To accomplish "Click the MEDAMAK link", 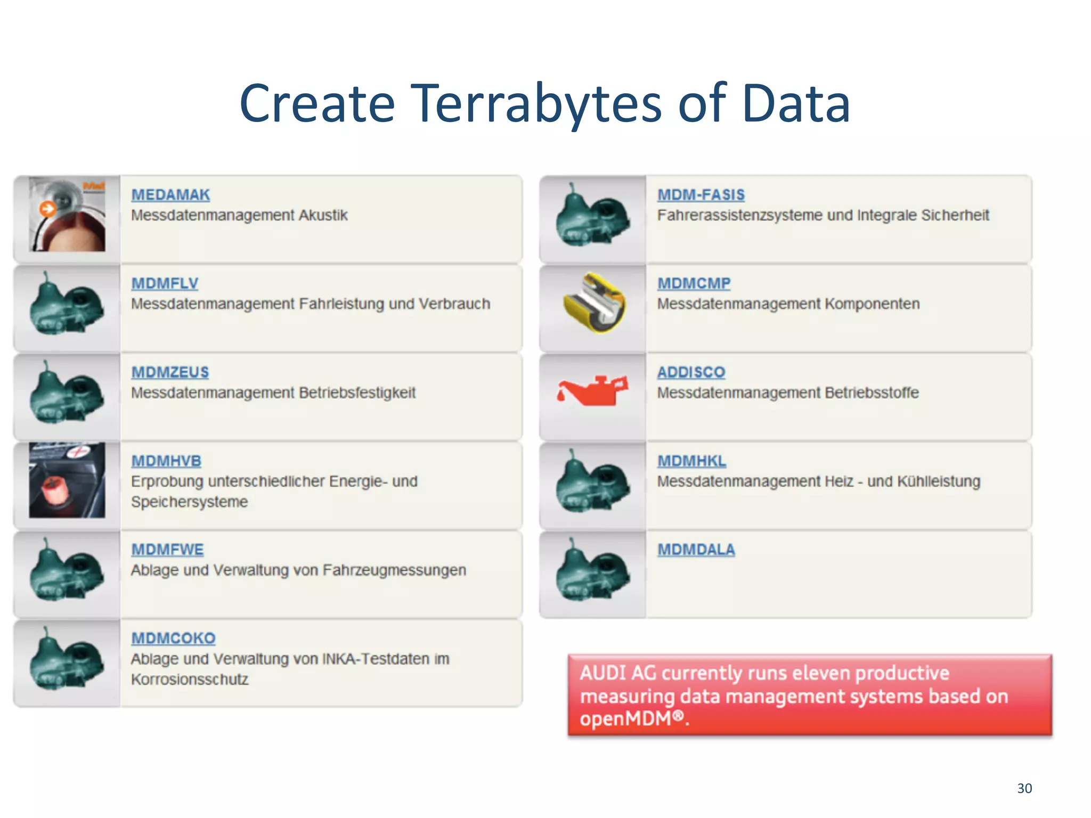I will pyautogui.click(x=170, y=195).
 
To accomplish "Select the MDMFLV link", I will pyautogui.click(x=165, y=283).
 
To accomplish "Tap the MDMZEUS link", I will pyautogui.click(x=170, y=372).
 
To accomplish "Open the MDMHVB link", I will pyautogui.click(x=166, y=461).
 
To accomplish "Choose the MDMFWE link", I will pyautogui.click(x=167, y=550).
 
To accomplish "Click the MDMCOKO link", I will pyautogui.click(x=173, y=638).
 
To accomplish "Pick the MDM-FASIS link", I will pyautogui.click(x=701, y=195).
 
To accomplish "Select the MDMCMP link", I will pyautogui.click(x=694, y=283).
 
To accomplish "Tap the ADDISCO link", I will pyautogui.click(x=691, y=372).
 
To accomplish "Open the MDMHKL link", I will pyautogui.click(x=691, y=461).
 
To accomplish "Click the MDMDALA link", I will pyautogui.click(x=696, y=550).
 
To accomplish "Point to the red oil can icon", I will pyautogui.click(x=592, y=391).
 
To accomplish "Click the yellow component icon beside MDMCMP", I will pyautogui.click(x=595, y=302).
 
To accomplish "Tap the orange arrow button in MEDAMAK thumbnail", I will pyautogui.click(x=47, y=209).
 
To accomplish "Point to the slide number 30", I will pyautogui.click(x=1024, y=788).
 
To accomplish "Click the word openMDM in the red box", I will pyautogui.click(x=626, y=719).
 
